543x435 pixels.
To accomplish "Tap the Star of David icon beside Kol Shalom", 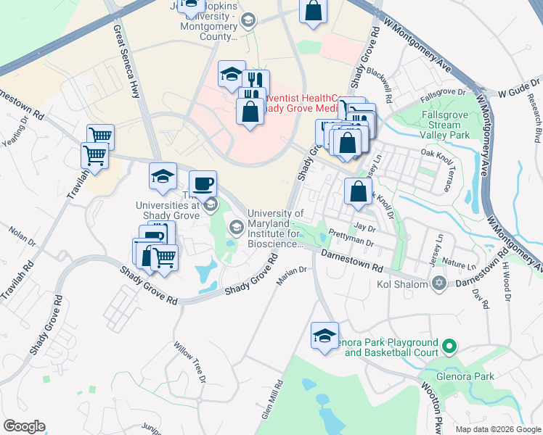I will coord(438,283).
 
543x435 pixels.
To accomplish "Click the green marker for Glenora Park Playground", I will coord(449,347).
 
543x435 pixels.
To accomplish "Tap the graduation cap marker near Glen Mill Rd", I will coord(324,334).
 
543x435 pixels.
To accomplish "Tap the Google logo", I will coord(25,426).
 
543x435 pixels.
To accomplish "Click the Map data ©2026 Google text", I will coord(497,428).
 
